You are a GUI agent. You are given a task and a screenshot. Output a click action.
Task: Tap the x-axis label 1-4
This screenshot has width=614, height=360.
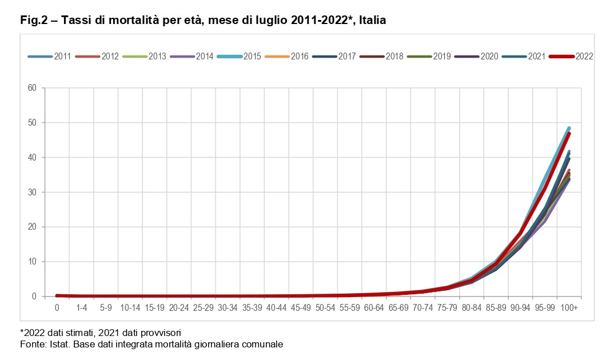click(x=81, y=308)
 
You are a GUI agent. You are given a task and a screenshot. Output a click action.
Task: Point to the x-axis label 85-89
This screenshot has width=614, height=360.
click(x=496, y=308)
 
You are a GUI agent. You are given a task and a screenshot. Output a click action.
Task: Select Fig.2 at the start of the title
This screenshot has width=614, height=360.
click(x=33, y=21)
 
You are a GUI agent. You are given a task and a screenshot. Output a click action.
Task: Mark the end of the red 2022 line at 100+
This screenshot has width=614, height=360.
click(x=569, y=133)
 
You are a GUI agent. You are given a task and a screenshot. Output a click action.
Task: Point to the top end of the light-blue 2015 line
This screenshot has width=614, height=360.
click(x=569, y=127)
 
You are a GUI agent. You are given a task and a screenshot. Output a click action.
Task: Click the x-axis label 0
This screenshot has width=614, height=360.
click(x=57, y=308)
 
